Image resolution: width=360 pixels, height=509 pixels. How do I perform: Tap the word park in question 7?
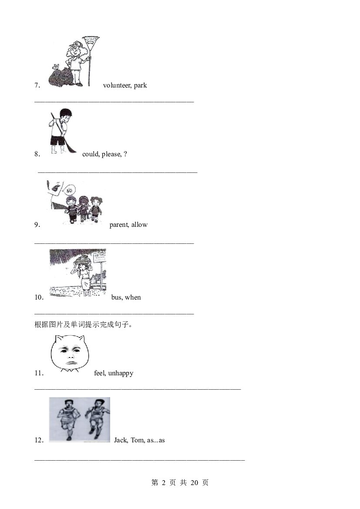coord(140,86)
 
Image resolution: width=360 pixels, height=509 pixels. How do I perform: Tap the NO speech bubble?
coord(69,190)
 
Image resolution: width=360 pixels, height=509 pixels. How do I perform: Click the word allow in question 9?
coord(139,225)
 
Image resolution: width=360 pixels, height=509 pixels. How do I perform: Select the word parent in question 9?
coord(119,225)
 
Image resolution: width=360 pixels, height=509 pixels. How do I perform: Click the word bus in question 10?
coord(116,297)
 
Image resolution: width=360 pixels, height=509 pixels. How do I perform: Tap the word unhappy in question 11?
coord(121,373)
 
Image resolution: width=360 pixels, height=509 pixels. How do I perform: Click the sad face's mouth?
coord(71,363)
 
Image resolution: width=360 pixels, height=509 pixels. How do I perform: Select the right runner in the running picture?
coord(96,419)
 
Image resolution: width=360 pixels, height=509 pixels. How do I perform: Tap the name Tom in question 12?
coord(138,440)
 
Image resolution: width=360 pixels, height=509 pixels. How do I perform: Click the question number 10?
coord(39,297)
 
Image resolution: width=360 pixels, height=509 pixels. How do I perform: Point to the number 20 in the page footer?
coord(194,483)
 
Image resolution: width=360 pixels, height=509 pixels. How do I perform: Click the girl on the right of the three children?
coord(96,209)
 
